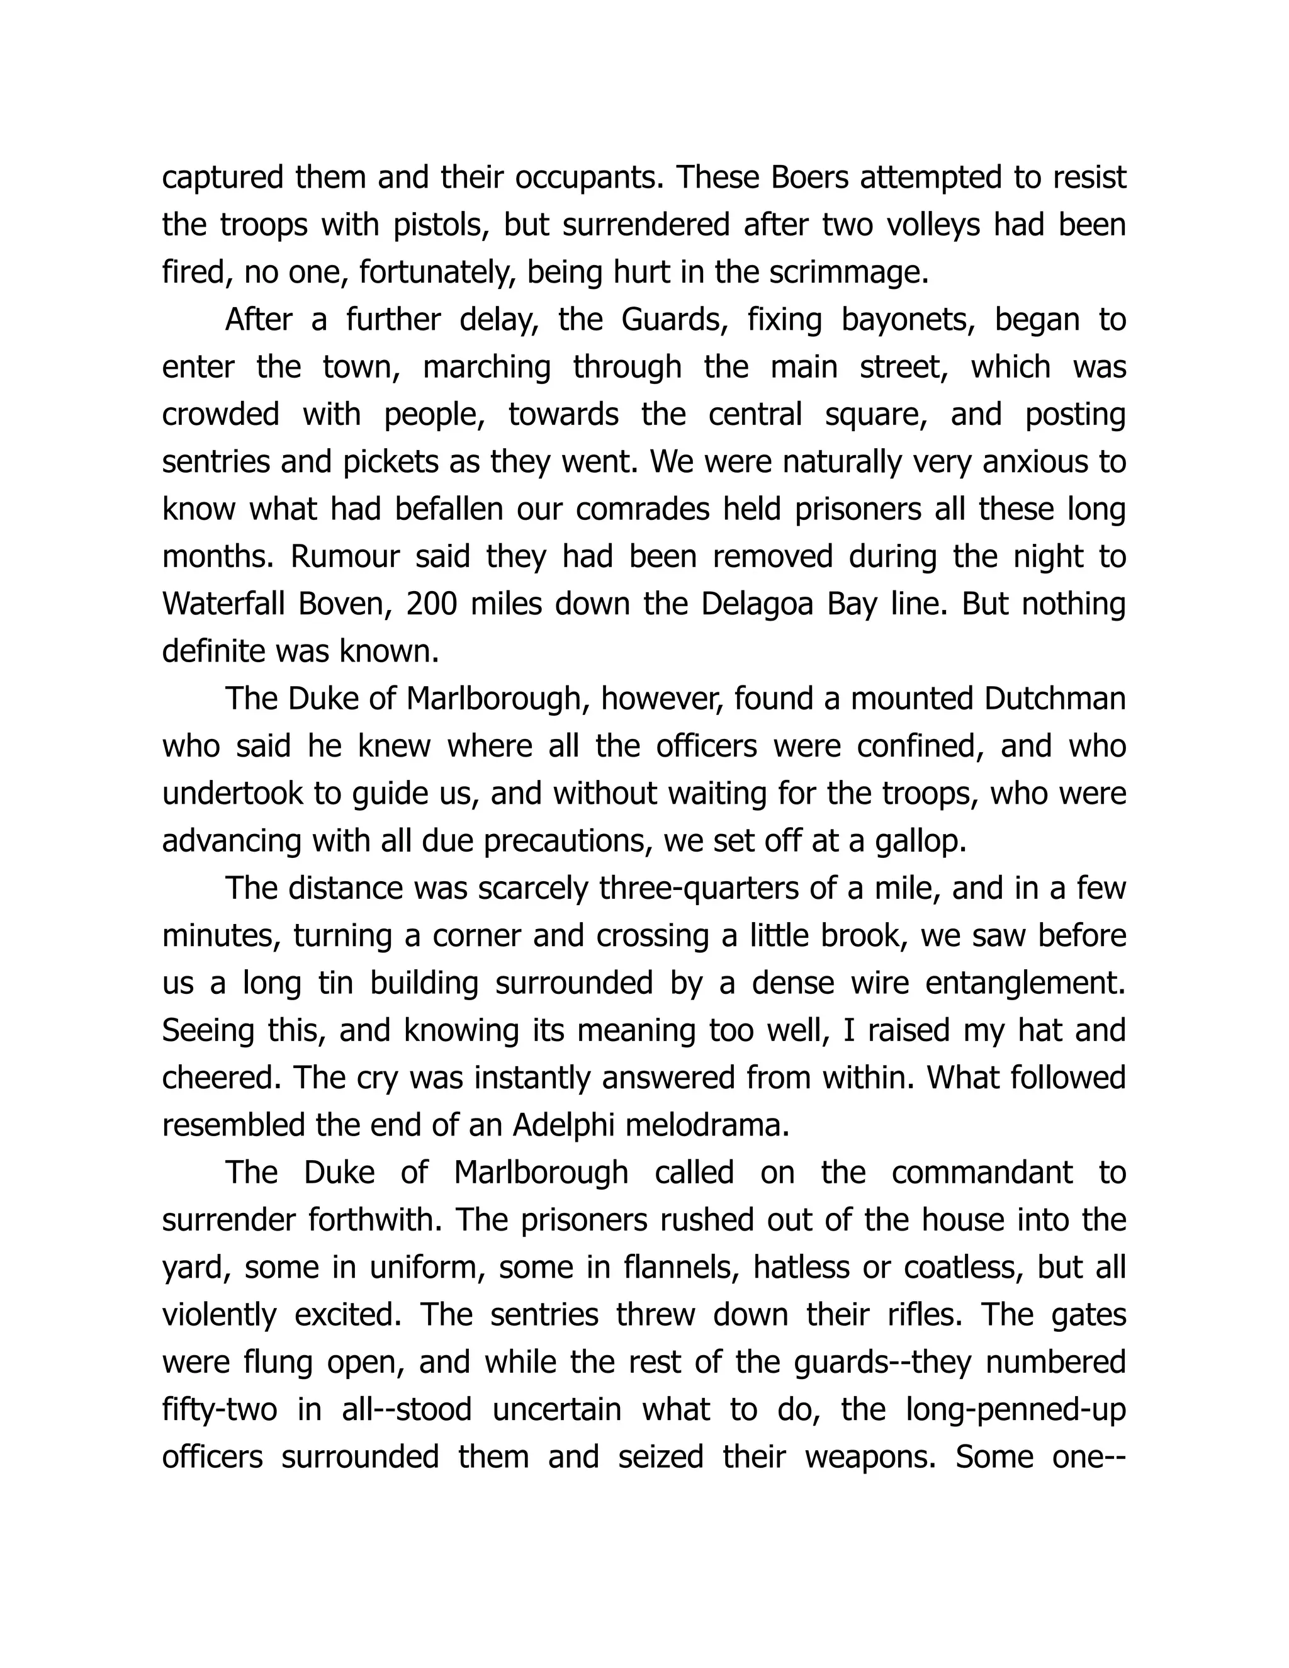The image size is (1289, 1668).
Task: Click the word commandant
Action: coord(982,1173)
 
